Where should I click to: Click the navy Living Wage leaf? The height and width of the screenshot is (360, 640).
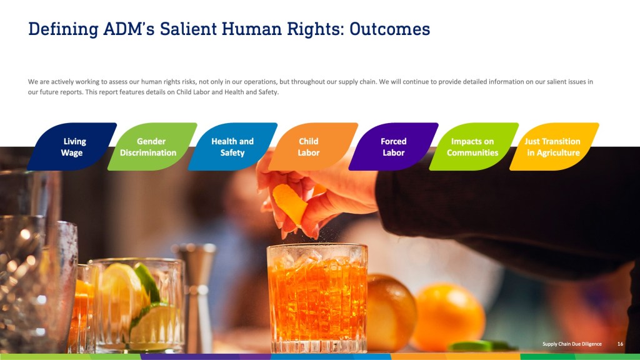tap(72, 146)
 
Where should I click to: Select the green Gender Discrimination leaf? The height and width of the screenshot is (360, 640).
tap(152, 146)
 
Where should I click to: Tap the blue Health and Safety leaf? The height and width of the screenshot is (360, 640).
tap(232, 146)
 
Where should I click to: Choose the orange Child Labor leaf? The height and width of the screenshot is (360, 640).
tap(313, 146)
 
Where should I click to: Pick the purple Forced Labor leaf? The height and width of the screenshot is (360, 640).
tap(394, 146)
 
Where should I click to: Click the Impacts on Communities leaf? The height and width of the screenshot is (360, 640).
tap(474, 146)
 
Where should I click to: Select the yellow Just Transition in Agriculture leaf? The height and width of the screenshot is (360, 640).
tap(554, 146)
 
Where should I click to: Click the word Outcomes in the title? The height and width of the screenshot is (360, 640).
tap(390, 29)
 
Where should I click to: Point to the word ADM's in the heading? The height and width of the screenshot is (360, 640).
tap(129, 29)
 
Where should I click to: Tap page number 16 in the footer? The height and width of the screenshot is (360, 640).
tap(620, 344)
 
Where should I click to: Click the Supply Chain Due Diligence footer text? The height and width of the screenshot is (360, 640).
tap(572, 344)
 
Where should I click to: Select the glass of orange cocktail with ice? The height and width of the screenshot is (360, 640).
tap(317, 298)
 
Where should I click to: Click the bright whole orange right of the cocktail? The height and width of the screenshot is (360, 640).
tap(448, 317)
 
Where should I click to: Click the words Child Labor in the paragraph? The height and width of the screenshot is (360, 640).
tap(194, 92)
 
